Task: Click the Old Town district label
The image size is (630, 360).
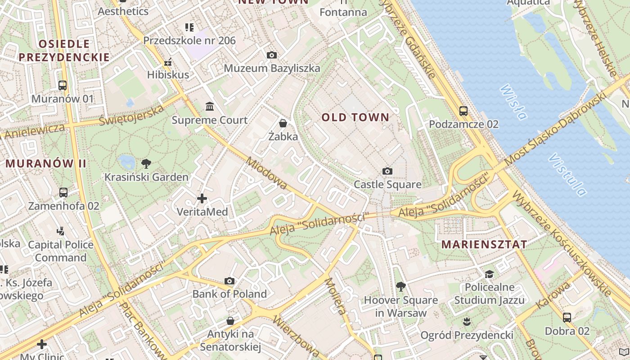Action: (355, 117)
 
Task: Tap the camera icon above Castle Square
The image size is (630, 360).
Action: (387, 171)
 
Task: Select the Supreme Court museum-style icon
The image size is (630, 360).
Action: (210, 107)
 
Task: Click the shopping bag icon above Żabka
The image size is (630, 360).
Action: (283, 123)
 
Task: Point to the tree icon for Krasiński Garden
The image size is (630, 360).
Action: (146, 164)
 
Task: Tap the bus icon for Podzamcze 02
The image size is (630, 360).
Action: (463, 111)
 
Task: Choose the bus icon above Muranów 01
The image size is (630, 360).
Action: (63, 85)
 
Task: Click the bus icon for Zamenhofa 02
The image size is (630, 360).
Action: (63, 193)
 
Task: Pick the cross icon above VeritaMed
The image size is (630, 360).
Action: (202, 198)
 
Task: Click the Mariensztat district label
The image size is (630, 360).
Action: (484, 245)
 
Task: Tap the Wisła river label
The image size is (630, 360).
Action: (513, 102)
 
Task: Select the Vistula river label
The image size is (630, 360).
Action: (568, 175)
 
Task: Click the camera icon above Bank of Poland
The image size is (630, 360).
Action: (229, 281)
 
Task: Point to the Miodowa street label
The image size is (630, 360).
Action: (267, 173)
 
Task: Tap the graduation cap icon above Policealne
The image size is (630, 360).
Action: (489, 274)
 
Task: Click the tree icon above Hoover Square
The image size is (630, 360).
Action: (400, 286)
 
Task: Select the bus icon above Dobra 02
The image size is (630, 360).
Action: (567, 318)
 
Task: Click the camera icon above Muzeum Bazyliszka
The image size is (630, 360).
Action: (272, 55)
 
